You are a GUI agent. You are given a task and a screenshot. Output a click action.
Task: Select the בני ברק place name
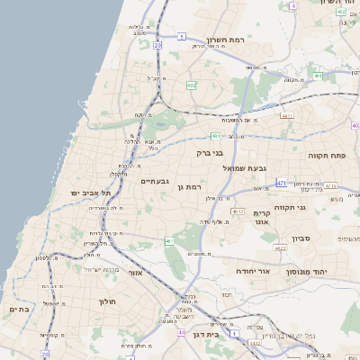209,153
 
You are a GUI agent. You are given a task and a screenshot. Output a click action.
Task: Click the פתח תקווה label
334,155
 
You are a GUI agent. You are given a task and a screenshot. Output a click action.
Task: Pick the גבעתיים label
155,181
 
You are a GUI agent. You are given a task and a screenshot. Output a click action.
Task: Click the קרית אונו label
263,215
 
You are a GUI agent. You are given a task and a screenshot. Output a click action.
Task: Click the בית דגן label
207,335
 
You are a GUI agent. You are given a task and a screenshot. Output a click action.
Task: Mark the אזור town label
137,273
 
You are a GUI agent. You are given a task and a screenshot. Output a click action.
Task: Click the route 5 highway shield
181,37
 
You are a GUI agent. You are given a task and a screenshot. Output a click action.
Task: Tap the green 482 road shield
191,85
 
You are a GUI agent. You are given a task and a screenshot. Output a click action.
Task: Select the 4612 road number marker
238,211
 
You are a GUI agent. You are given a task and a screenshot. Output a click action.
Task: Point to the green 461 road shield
169,241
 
